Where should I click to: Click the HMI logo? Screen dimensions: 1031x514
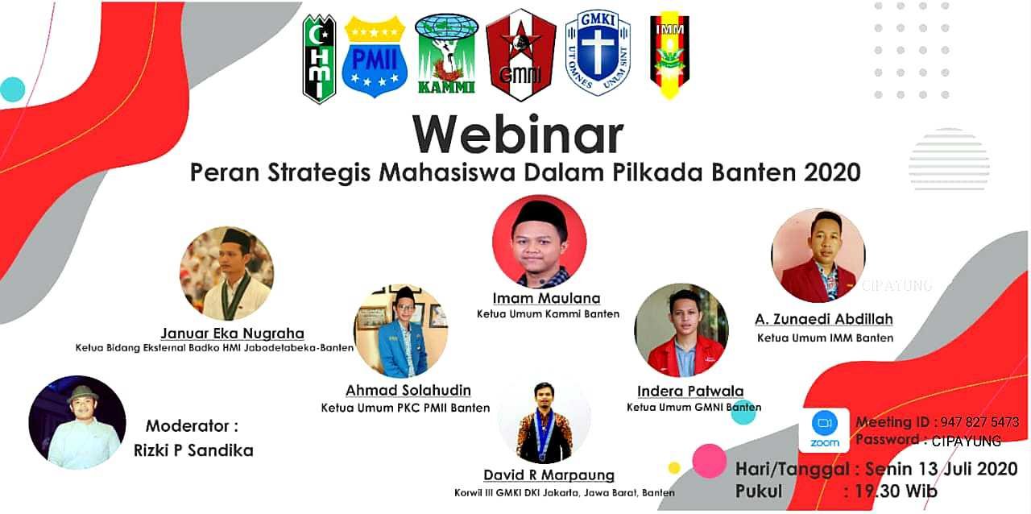click(319, 59)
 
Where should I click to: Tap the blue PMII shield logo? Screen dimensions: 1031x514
click(375, 56)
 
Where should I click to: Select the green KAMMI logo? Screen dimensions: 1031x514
click(446, 53)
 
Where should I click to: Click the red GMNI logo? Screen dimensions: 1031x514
click(520, 55)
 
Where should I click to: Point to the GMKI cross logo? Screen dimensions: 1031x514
click(598, 53)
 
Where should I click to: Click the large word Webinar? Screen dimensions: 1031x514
click(518, 134)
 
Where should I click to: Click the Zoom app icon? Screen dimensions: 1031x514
click(824, 429)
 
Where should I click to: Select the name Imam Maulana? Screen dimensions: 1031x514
click(546, 298)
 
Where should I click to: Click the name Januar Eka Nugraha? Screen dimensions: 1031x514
click(233, 334)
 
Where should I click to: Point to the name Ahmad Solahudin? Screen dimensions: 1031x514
click(408, 390)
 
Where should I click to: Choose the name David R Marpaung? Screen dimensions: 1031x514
click(549, 475)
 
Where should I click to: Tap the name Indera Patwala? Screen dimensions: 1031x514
click(690, 391)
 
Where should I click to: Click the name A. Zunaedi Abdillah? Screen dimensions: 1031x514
click(824, 319)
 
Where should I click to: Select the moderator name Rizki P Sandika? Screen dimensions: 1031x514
click(193, 450)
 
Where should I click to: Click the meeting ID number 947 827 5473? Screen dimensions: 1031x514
click(979, 422)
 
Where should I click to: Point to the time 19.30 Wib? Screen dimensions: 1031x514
click(896, 491)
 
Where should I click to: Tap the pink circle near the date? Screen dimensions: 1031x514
click(710, 461)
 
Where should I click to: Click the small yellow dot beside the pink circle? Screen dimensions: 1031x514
click(674, 468)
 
